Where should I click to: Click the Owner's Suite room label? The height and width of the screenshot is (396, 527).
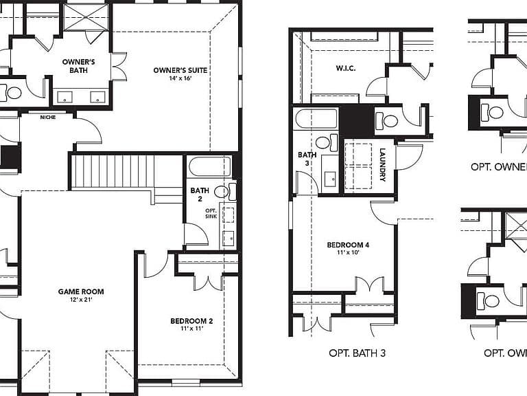click(180, 70)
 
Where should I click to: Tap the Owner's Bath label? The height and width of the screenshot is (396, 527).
click(79, 66)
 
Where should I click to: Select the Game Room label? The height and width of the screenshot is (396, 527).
click(81, 291)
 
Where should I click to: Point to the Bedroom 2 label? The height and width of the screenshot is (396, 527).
click(191, 321)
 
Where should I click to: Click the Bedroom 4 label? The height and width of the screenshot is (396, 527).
click(348, 245)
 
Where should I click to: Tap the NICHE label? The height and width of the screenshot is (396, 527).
click(48, 117)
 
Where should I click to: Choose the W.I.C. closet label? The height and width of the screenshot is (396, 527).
click(346, 68)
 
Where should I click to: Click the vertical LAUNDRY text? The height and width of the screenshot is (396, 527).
click(382, 165)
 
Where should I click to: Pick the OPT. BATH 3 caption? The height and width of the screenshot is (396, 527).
click(357, 353)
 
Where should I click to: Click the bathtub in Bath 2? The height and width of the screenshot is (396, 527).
click(210, 166)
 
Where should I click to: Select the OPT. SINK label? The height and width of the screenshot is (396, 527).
click(211, 214)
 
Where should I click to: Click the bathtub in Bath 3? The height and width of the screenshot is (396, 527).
click(316, 118)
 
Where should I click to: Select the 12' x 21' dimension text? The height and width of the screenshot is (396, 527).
click(81, 299)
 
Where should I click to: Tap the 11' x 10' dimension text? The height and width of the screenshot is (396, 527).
click(348, 252)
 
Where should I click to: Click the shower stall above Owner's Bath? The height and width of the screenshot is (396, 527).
click(86, 17)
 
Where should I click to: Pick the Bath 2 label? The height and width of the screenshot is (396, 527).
click(200, 195)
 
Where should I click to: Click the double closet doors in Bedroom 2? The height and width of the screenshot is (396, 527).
click(209, 283)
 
